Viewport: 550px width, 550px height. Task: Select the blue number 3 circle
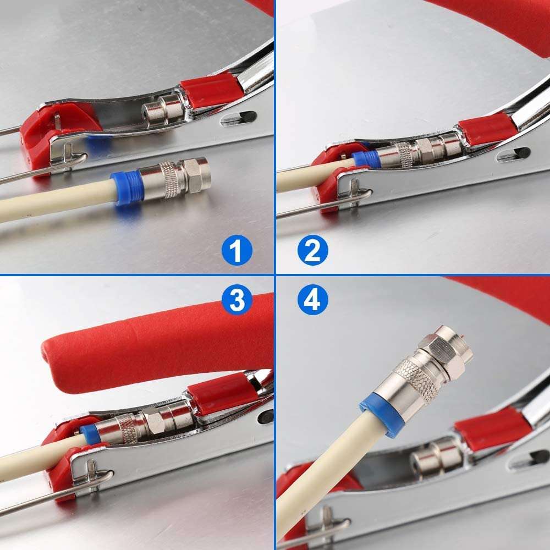pyautogui.click(x=237, y=300)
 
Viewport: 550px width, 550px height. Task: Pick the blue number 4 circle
pyautogui.click(x=312, y=300)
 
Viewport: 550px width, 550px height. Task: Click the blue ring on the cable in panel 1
pyautogui.click(x=128, y=188)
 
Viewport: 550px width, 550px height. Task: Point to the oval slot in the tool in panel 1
pyautogui.click(x=238, y=117)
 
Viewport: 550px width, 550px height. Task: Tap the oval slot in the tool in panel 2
pyautogui.click(x=513, y=155)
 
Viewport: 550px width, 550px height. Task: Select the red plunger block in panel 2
pyautogui.click(x=488, y=130)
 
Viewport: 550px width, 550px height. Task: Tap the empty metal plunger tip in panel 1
pyautogui.click(x=162, y=107)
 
